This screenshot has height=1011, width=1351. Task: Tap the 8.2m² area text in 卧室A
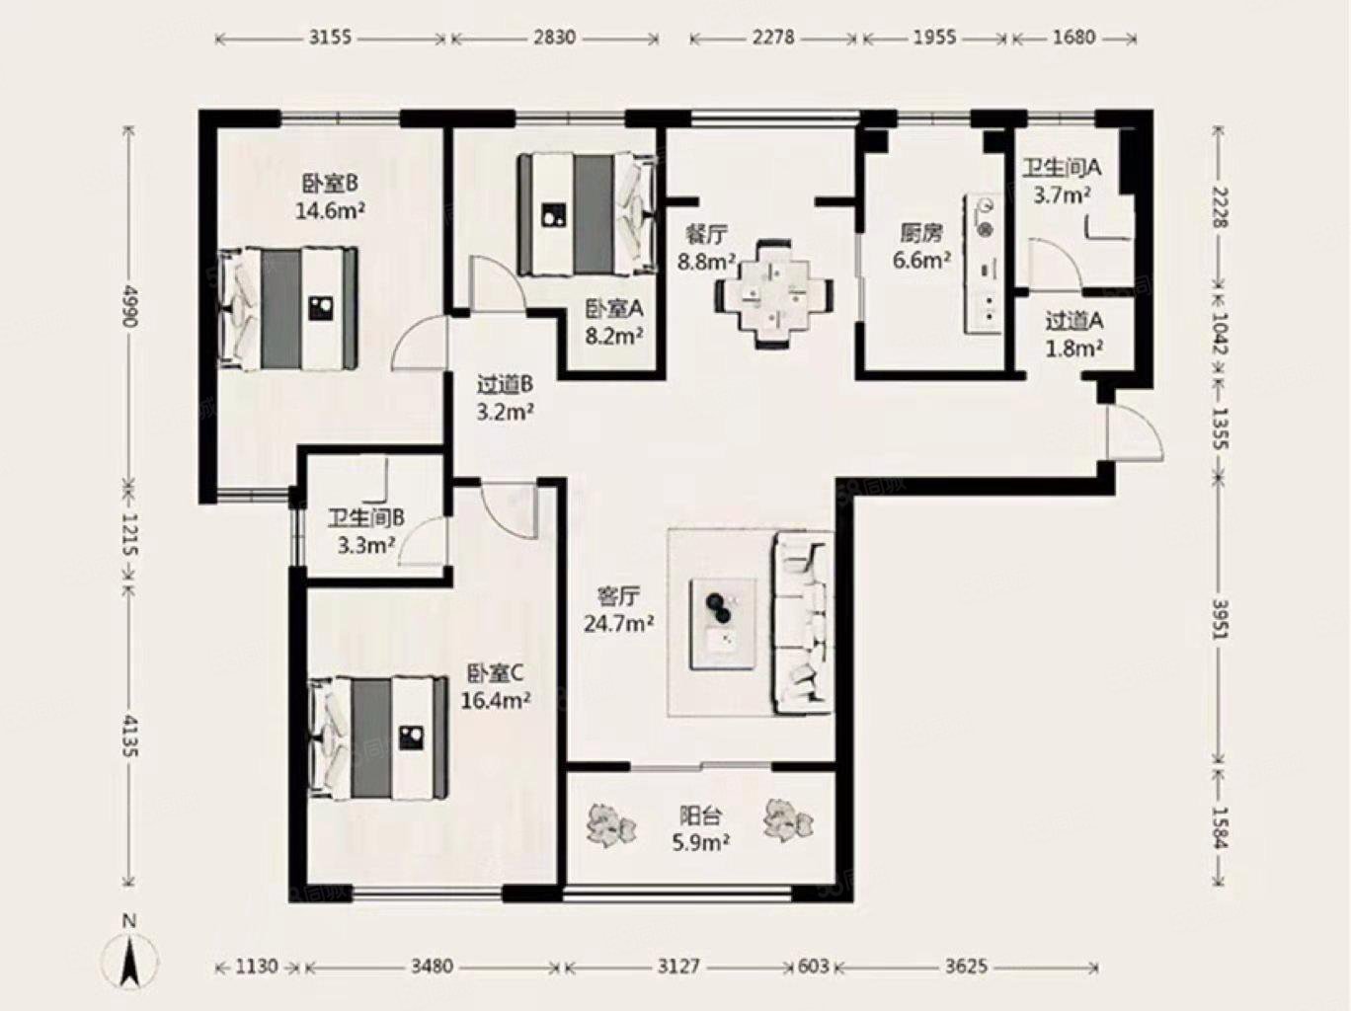tap(614, 336)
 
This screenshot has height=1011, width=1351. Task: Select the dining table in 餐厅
tap(774, 294)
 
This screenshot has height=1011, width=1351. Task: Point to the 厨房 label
tap(921, 233)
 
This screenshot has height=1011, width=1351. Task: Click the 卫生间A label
tap(1062, 168)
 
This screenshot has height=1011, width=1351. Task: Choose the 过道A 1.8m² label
tap(1074, 334)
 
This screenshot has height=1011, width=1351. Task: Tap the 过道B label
tap(505, 385)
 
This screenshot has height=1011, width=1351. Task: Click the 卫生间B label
tap(366, 518)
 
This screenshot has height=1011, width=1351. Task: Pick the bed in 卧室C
tap(378, 738)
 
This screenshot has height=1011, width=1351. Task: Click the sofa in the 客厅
tap(803, 623)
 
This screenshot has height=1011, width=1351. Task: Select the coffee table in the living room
tap(723, 624)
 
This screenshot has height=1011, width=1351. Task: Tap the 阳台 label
tap(700, 816)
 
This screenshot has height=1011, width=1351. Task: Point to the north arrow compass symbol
tap(129, 958)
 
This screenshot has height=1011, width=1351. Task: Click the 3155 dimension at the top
tap(330, 39)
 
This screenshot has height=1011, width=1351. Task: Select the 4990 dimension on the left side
tap(130, 306)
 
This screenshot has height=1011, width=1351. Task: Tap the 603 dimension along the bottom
tap(814, 967)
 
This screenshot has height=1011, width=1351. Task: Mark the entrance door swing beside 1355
tap(1134, 432)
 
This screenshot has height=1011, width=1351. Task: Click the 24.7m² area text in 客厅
tap(618, 624)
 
